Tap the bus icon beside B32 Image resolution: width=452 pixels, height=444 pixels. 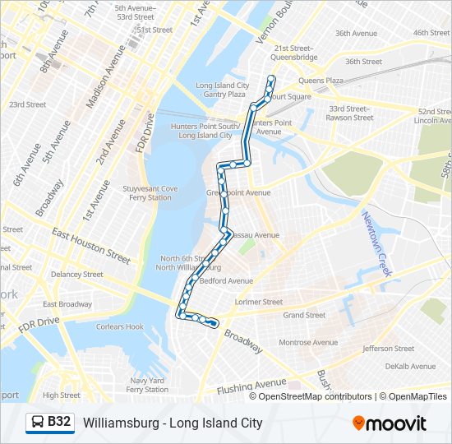[x=38, y=423]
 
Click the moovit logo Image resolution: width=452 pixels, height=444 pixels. [x=390, y=423]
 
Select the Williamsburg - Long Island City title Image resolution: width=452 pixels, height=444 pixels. [x=173, y=423]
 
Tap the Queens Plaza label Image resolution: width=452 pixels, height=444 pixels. [x=321, y=81]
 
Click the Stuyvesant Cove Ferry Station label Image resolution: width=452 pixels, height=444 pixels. [x=148, y=193]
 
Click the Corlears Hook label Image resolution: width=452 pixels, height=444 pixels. [x=120, y=326]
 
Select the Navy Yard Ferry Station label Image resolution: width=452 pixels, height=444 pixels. [x=148, y=385]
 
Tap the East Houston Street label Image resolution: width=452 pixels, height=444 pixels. [x=90, y=245]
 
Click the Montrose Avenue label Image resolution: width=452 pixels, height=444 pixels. [x=308, y=342]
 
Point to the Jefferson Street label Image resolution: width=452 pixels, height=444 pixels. [x=388, y=349]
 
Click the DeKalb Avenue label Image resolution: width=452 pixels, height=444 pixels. [x=411, y=367]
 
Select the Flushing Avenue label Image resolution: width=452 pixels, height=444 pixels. [x=251, y=386]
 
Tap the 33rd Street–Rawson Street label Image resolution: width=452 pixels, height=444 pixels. [x=351, y=113]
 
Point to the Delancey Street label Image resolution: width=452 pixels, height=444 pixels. [x=76, y=275]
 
